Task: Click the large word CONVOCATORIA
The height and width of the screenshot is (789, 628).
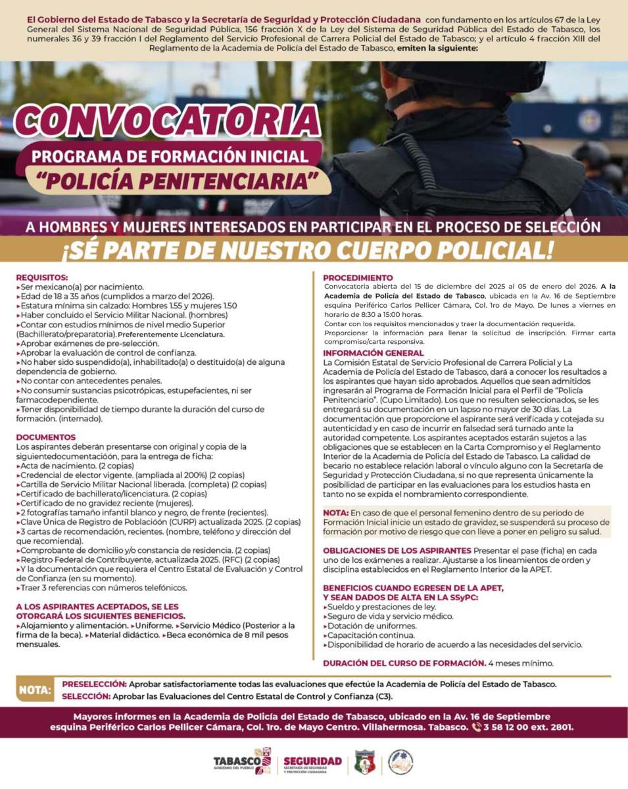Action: click(168, 122)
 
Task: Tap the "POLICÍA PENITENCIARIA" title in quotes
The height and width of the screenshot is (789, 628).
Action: click(178, 179)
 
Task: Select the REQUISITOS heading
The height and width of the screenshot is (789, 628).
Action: click(41, 277)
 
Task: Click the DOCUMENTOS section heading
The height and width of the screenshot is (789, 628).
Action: click(46, 437)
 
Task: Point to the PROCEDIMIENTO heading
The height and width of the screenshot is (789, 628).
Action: click(358, 277)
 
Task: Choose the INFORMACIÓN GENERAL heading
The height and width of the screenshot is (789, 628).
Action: click(374, 353)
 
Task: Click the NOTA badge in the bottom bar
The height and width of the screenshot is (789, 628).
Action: click(35, 690)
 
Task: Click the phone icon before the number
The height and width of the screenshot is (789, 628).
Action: click(477, 727)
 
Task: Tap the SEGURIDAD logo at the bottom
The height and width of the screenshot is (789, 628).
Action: click(313, 762)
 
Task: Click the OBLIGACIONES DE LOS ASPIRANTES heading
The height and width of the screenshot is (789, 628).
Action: click(397, 550)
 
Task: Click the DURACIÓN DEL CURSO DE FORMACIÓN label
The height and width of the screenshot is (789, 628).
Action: click(404, 663)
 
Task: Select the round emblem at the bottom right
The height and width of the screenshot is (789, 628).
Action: click(400, 761)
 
